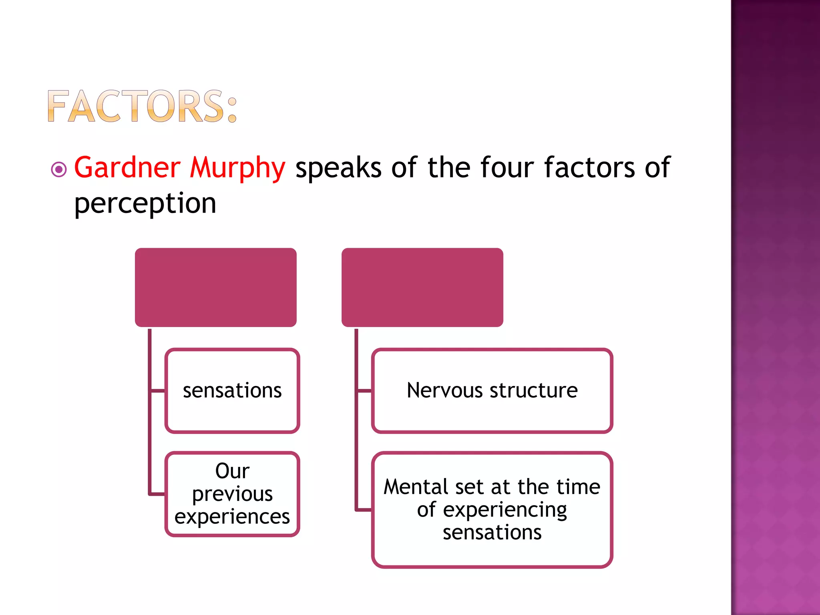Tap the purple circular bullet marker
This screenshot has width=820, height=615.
[x=59, y=169]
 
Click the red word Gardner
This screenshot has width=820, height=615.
[x=127, y=167]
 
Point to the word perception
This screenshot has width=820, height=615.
[x=145, y=203]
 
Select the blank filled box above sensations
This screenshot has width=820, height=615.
[x=215, y=287]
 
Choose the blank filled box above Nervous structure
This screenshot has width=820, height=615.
[x=422, y=287]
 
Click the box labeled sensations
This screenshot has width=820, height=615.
[x=232, y=391]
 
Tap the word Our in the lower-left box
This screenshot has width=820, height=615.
[x=232, y=471]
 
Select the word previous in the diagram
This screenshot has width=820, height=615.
[x=232, y=494]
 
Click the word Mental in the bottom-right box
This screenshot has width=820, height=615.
[x=416, y=487]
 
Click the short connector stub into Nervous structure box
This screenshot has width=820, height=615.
[x=364, y=391]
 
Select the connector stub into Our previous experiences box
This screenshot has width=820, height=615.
[x=157, y=494]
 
